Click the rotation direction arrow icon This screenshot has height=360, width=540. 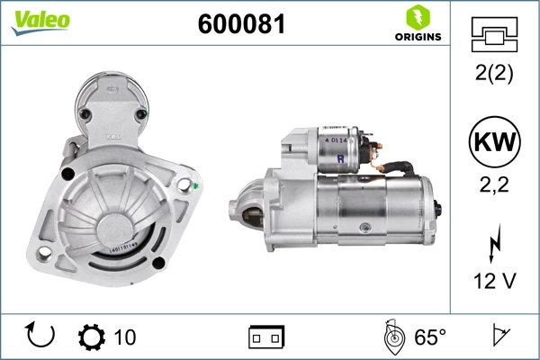40,336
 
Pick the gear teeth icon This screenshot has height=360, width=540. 91,337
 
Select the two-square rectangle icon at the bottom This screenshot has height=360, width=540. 266,337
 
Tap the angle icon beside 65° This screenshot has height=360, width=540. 392,337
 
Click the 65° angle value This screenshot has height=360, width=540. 430,337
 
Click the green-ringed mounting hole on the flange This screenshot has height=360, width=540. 185,186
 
